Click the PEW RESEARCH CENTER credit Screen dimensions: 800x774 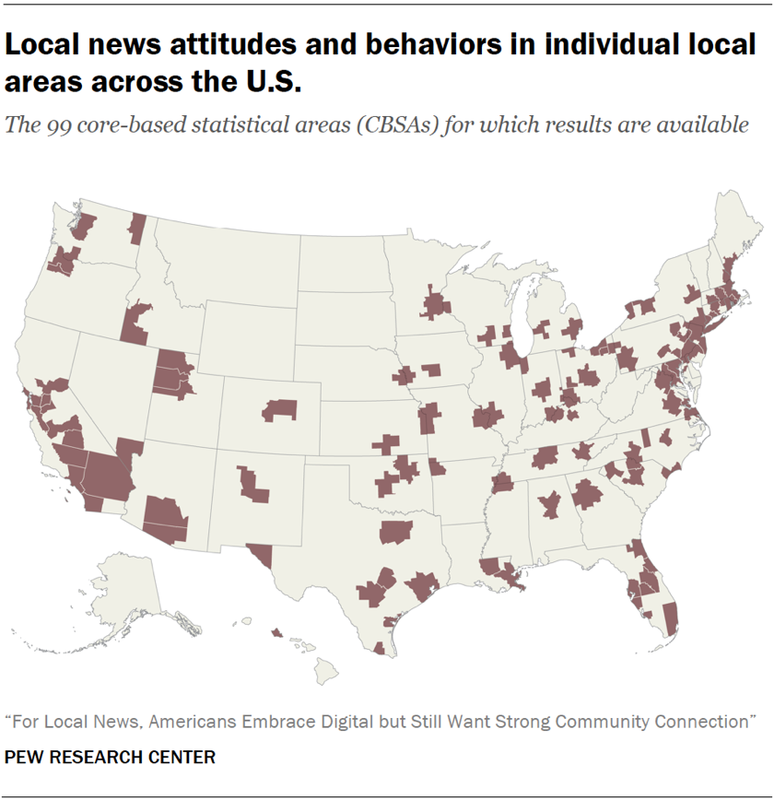[x=110, y=758]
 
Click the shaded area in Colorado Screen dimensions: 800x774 [x=281, y=409]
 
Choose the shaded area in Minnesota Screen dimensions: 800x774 [x=434, y=303]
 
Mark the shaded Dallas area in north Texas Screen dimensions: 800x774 [x=396, y=532]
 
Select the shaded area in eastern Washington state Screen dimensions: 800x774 [x=138, y=227]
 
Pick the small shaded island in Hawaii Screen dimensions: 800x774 [x=276, y=633]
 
